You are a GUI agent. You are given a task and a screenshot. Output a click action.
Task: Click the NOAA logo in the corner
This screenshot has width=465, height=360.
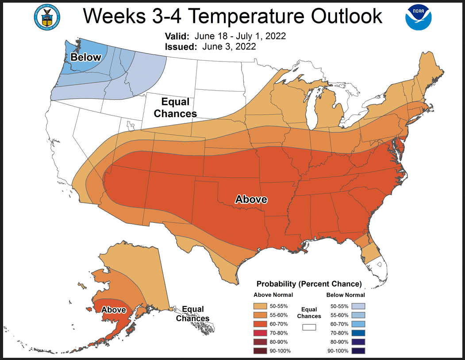coord(418,18)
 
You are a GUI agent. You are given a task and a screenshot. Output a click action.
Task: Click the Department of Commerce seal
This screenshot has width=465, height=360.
coord(46,18)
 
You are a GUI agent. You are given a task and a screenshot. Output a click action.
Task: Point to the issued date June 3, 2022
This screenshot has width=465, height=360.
coord(229,46)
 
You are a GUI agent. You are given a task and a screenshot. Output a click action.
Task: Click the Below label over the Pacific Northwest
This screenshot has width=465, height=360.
coord(86,57)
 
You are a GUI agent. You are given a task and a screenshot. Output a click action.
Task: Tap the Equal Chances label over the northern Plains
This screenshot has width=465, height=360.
coord(175,108)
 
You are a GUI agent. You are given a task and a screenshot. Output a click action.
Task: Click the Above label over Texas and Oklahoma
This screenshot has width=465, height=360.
coord(251,199)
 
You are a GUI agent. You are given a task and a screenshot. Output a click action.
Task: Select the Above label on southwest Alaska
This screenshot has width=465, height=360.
coord(114,310)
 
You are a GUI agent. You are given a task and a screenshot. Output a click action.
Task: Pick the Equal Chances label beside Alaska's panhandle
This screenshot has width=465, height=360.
coord(193,314)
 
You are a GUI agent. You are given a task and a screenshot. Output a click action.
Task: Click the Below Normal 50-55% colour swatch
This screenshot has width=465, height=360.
coord(358,306)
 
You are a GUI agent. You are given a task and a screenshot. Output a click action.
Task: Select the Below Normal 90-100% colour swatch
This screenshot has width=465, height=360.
coord(358,351)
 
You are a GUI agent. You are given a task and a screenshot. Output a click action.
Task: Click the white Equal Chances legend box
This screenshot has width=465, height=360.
coord(309,327)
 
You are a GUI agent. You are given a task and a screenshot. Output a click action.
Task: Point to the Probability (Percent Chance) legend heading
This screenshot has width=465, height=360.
coord(309,283)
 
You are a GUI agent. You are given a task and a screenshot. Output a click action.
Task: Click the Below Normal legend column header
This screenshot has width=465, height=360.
coord(346,295)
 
